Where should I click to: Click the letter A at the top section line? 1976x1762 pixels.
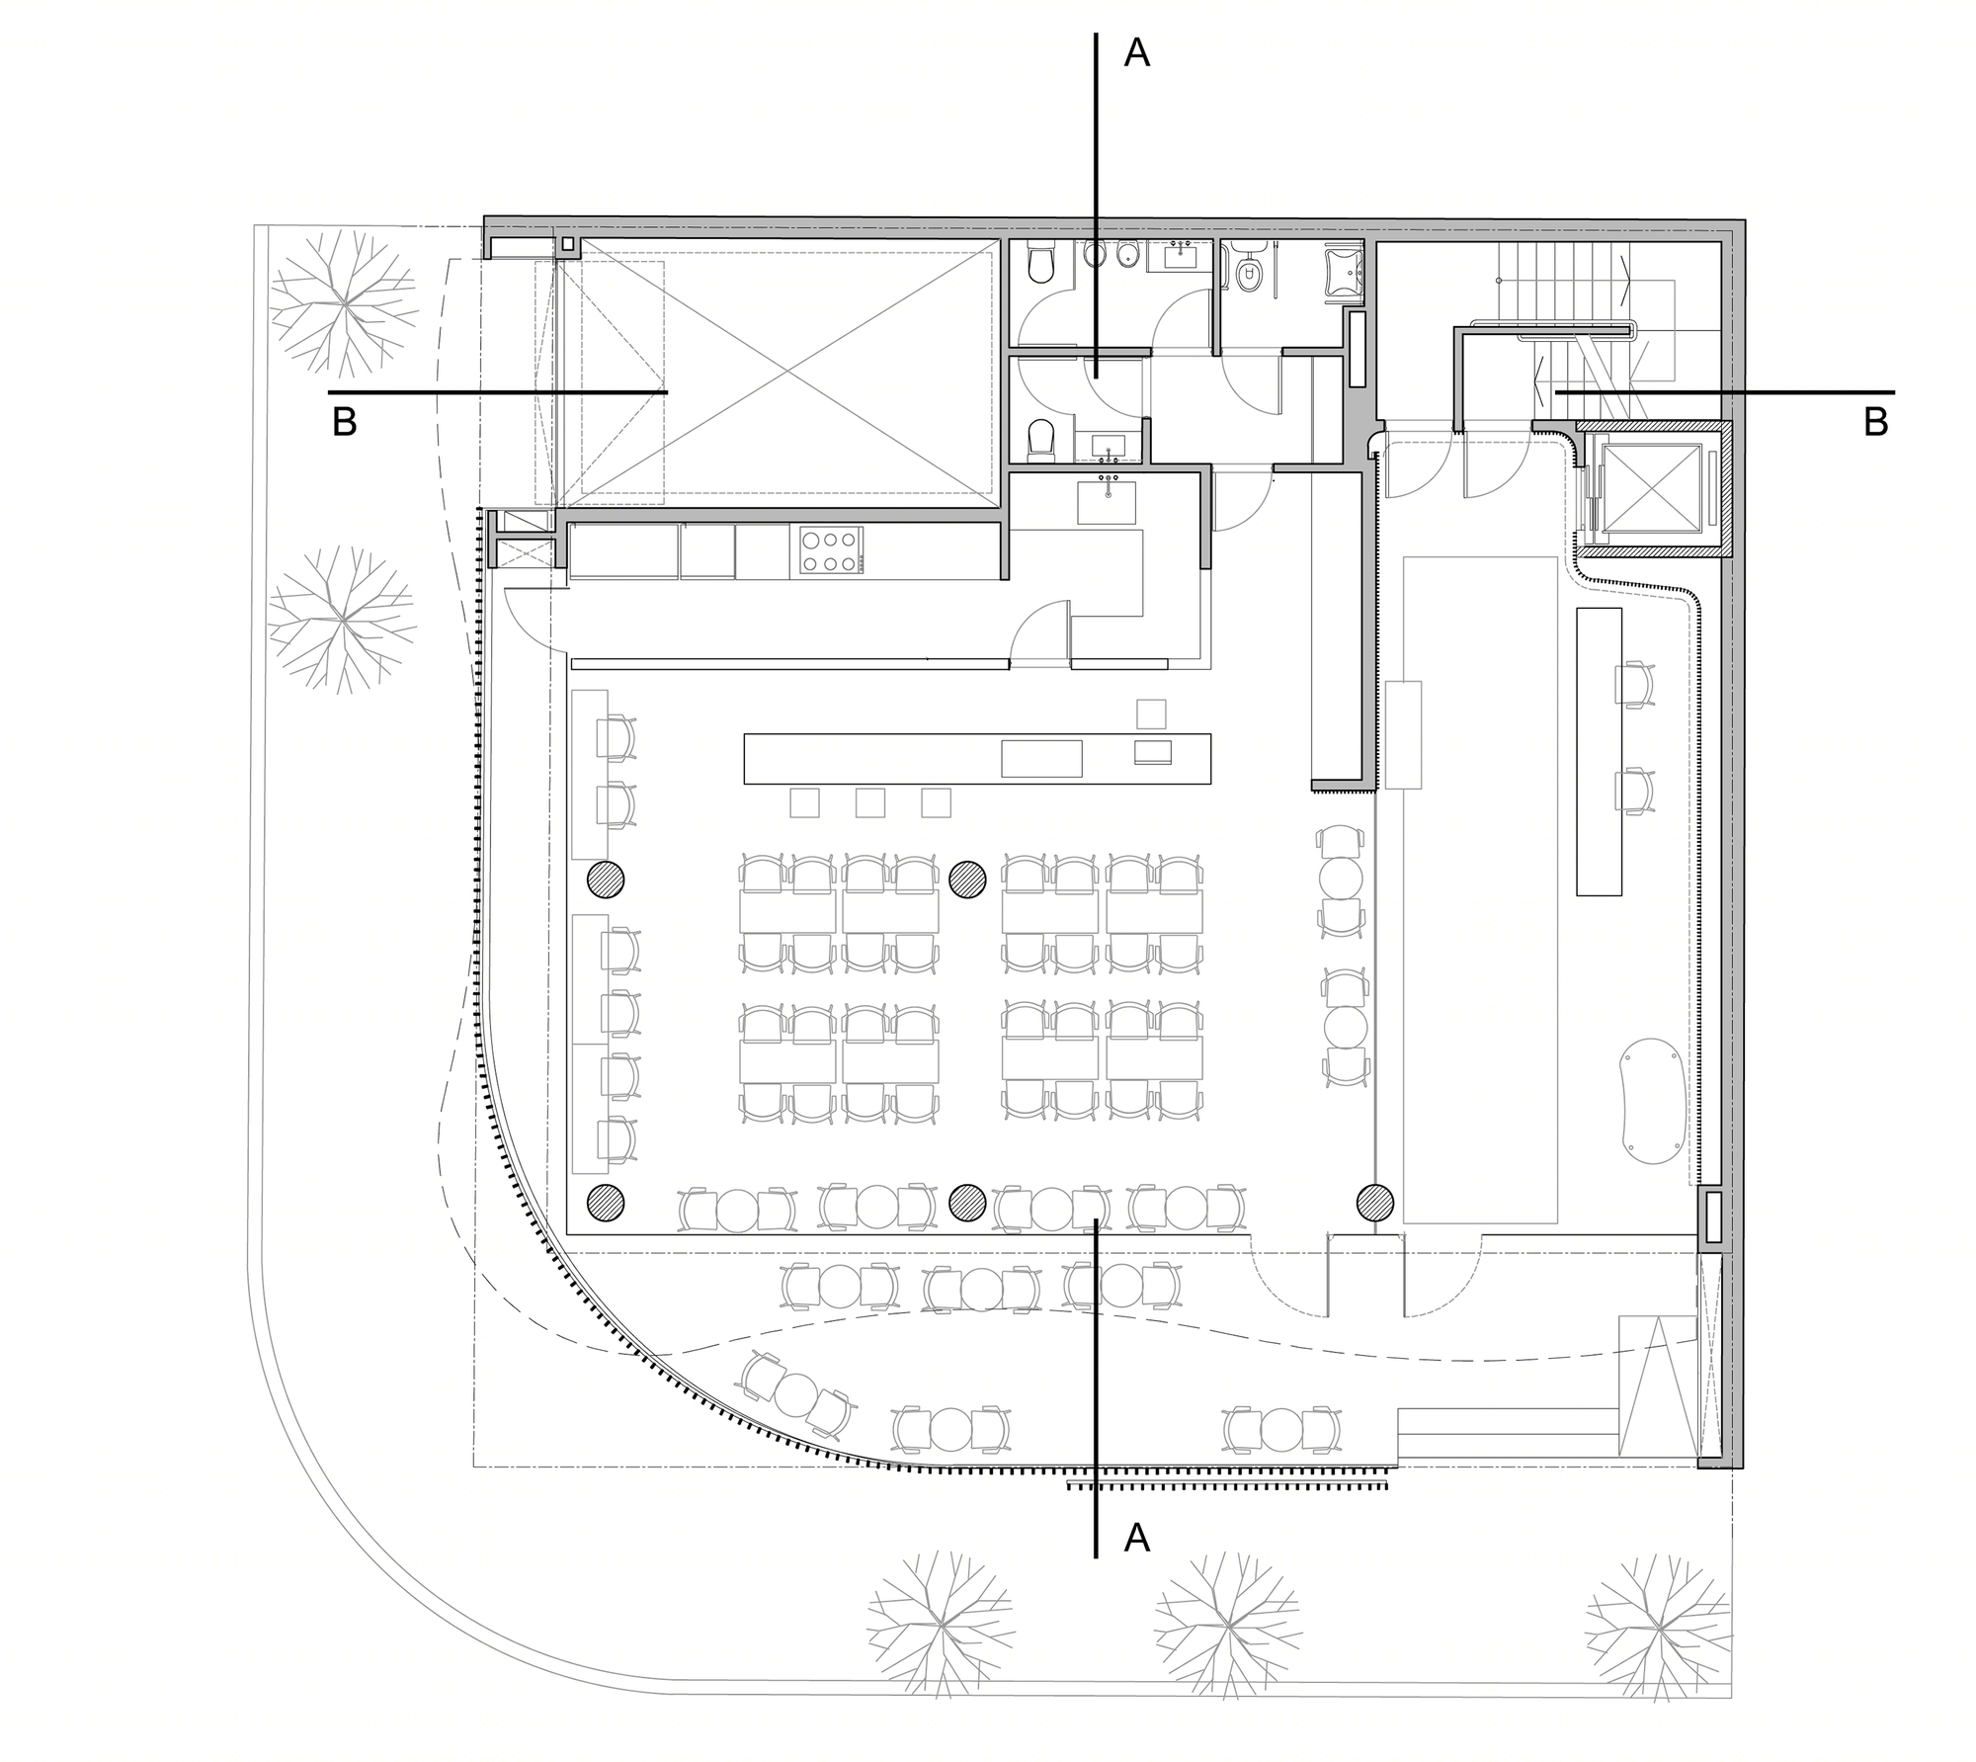[x=1137, y=54]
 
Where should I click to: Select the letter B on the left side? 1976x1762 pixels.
[x=344, y=422]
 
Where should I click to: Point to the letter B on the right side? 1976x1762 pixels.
[x=1876, y=422]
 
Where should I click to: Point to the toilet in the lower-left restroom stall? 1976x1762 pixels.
[x=1041, y=439]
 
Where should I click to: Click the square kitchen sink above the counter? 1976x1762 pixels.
[x=1107, y=500]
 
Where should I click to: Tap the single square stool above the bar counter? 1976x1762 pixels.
[x=1151, y=713]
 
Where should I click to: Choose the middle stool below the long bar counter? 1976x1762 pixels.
[x=870, y=802]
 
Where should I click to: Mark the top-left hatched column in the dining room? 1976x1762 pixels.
[x=606, y=880]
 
